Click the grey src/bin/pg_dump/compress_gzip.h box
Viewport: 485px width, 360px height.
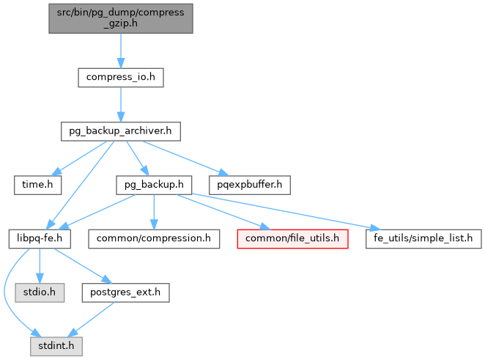pyautogui.click(x=121, y=18)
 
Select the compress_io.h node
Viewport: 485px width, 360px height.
pyautogui.click(x=121, y=77)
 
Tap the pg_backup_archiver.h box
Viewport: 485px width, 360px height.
pyautogui.click(x=121, y=131)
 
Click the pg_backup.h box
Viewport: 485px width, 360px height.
pyautogui.click(x=154, y=185)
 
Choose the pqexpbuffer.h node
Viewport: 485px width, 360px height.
pyautogui.click(x=250, y=185)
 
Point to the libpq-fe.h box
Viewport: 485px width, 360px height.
pyautogui.click(x=40, y=238)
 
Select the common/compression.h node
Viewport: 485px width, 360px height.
pyautogui.click(x=153, y=238)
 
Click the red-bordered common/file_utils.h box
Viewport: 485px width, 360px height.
pyautogui.click(x=292, y=238)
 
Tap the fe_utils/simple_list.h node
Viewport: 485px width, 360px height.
pyautogui.click(x=424, y=238)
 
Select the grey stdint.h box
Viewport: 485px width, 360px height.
pyautogui.click(x=56, y=345)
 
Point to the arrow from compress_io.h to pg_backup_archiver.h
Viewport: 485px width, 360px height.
pyautogui.click(x=121, y=104)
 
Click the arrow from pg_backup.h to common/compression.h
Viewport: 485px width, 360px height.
pyautogui.click(x=153, y=212)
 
